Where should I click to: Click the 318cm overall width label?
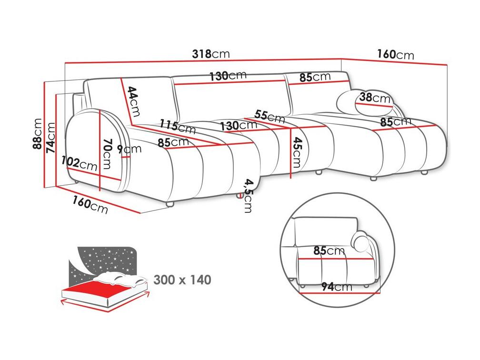click(x=210, y=54)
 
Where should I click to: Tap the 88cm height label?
click(x=37, y=134)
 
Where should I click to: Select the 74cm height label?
click(x=50, y=138)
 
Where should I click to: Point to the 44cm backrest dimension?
click(x=134, y=101)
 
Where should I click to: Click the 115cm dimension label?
click(x=178, y=127)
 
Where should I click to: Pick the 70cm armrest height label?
click(x=108, y=154)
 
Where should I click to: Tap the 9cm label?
click(x=130, y=149)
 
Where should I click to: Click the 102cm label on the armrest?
click(x=79, y=163)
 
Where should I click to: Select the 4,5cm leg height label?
click(x=248, y=196)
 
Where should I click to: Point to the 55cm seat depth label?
click(x=270, y=116)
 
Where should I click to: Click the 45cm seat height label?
click(x=297, y=152)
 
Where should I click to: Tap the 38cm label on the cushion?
click(x=375, y=98)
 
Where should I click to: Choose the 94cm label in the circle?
click(x=337, y=287)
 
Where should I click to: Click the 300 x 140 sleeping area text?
click(x=182, y=280)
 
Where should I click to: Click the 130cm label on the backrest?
click(x=228, y=76)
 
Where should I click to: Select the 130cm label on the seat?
click(x=239, y=126)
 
